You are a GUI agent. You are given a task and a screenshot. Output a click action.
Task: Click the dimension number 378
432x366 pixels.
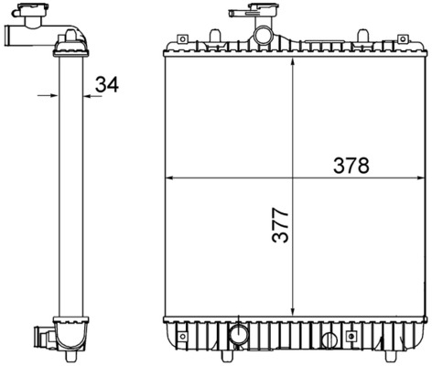[x=351, y=166]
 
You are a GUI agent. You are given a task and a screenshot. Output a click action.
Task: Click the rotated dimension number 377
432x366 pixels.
[x=281, y=225]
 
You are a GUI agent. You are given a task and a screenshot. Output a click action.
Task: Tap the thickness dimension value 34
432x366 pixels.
[x=107, y=85]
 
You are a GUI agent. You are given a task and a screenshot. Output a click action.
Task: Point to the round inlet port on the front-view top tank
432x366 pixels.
[x=263, y=37]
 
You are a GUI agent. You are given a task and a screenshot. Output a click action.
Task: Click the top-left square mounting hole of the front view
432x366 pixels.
[x=181, y=39]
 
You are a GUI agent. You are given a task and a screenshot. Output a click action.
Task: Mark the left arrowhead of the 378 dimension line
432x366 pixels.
[x=169, y=177]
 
